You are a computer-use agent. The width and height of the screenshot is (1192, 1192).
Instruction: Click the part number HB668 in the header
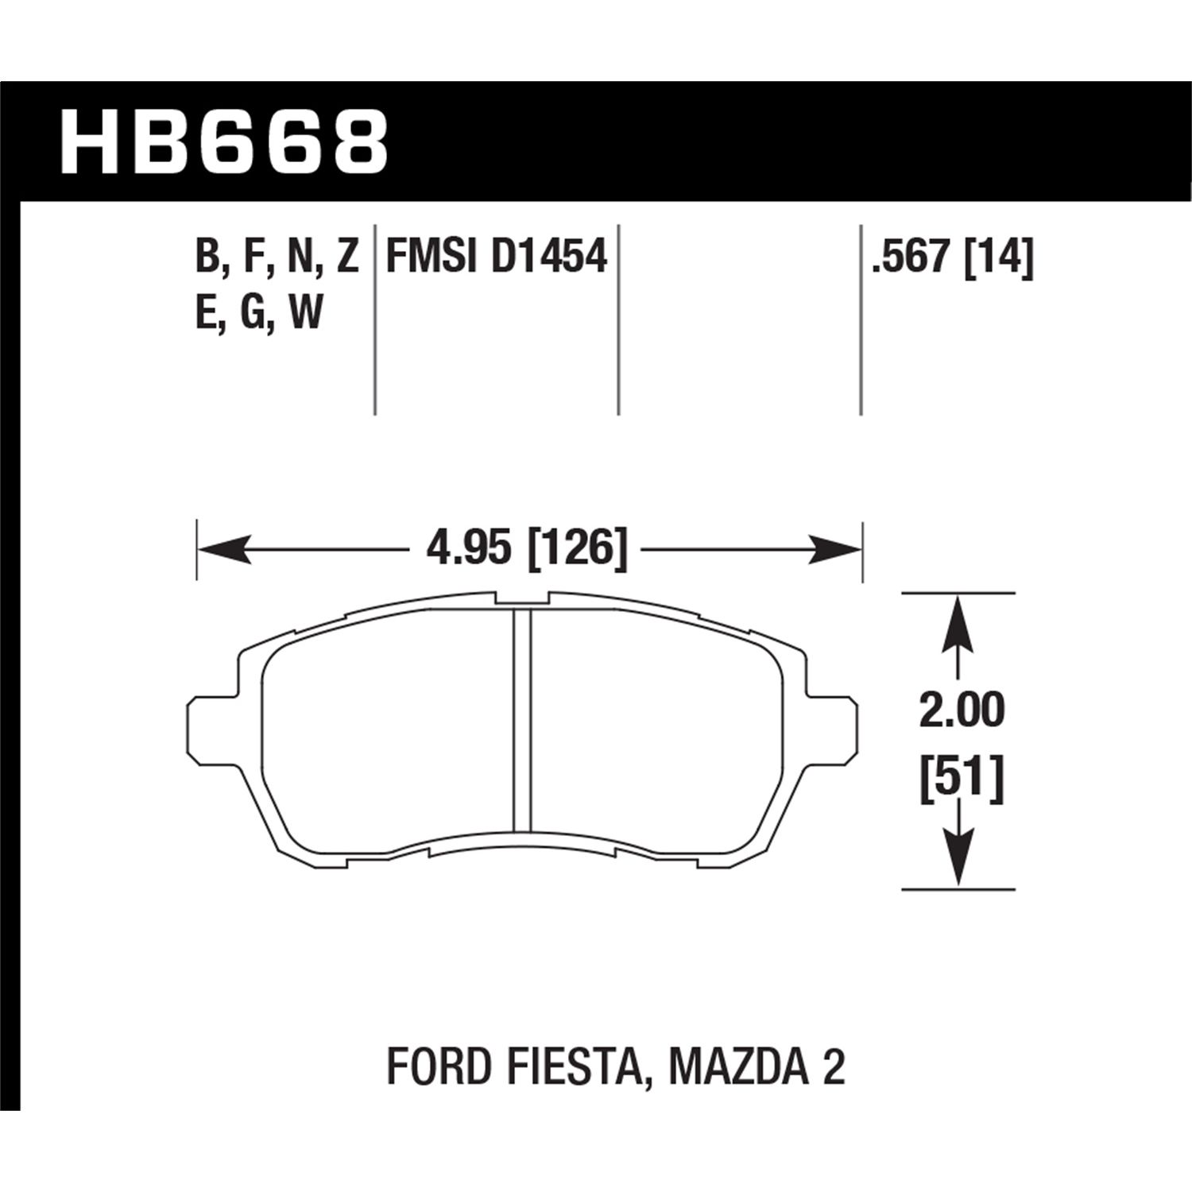pyautogui.click(x=225, y=144)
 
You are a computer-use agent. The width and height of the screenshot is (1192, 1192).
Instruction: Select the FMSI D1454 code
pyautogui.click(x=496, y=257)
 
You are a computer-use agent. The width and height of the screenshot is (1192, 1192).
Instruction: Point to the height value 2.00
pyautogui.click(x=962, y=710)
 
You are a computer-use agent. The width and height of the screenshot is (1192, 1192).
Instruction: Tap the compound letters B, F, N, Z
pyautogui.click(x=277, y=257)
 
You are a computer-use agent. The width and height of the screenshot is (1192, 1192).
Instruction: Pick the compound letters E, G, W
pyautogui.click(x=259, y=312)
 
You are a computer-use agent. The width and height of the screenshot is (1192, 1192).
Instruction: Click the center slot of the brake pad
pyautogui.click(x=522, y=723)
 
